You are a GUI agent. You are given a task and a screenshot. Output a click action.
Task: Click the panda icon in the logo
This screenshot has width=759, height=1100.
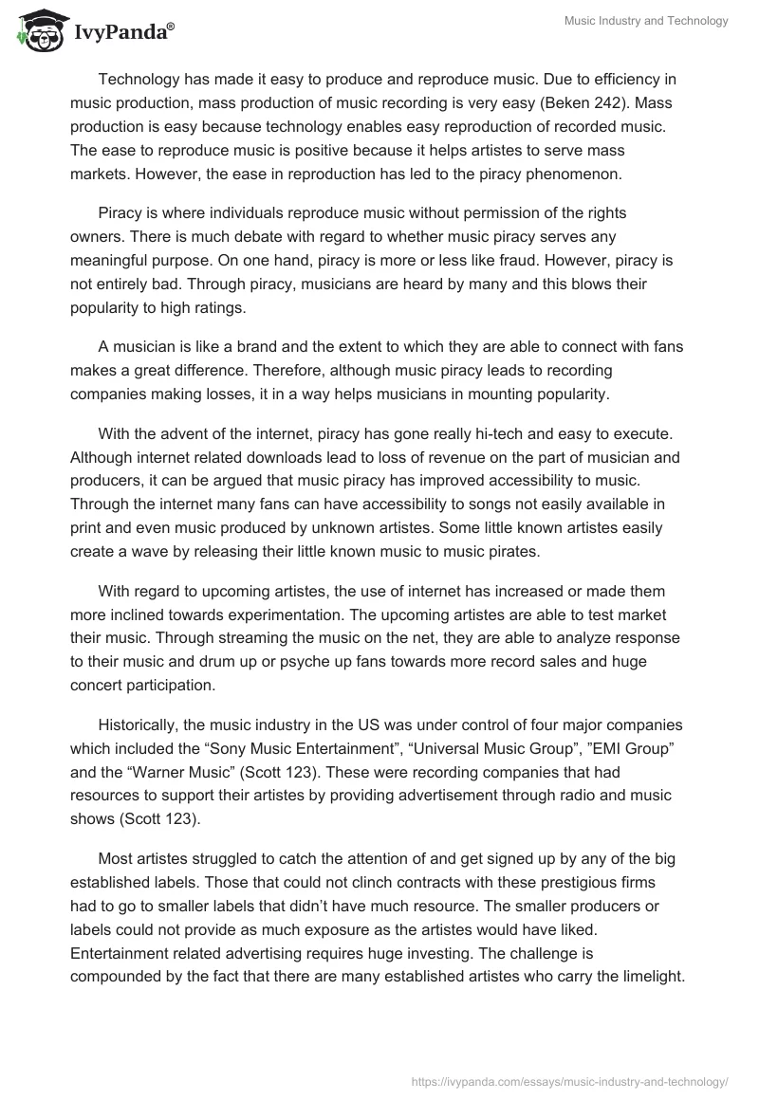[x=38, y=32]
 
